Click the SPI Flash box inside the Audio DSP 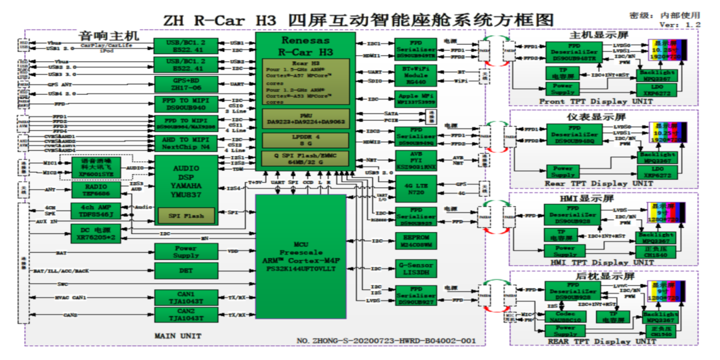[186, 216]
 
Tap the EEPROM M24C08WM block [417, 241]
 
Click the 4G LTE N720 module [417, 187]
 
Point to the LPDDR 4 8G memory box [305, 139]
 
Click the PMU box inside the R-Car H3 [305, 119]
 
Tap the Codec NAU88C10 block [565, 315]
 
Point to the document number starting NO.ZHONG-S [386, 341]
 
